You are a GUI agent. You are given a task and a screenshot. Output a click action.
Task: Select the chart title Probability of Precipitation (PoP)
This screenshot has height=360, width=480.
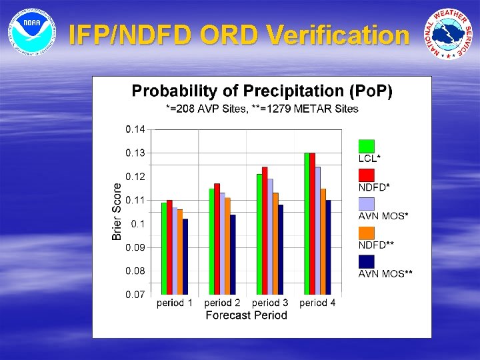tap(262, 91)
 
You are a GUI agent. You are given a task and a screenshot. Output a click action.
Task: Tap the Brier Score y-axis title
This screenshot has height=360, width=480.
tap(117, 211)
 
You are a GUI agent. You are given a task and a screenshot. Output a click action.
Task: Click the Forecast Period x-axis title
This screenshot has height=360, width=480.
tap(246, 315)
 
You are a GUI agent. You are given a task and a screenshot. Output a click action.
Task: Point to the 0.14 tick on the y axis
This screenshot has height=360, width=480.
tap(135, 129)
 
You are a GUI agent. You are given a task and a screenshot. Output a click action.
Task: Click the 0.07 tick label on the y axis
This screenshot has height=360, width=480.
tap(135, 295)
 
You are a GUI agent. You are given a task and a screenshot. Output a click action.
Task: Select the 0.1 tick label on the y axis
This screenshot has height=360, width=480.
tap(137, 224)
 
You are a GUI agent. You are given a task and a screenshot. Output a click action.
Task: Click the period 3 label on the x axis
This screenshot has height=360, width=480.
tap(270, 303)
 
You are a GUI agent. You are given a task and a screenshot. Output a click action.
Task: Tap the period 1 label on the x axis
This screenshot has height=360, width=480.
tap(175, 303)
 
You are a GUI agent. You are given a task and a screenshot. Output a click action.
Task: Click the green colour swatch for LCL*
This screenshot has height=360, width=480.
tap(367, 146)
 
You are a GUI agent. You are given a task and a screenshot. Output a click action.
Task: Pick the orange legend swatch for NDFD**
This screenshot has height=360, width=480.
tap(367, 233)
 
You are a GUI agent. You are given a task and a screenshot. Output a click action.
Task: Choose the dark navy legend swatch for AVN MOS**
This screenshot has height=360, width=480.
tap(367, 262)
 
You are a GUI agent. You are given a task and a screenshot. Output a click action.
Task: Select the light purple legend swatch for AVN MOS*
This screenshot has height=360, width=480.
tap(367, 204)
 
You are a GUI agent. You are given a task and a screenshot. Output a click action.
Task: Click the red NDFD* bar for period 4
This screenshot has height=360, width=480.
tap(312, 224)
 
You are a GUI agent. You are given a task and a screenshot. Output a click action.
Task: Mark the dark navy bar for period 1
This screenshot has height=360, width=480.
tap(185, 257)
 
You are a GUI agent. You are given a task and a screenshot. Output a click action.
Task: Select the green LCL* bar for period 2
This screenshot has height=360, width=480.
tap(212, 241)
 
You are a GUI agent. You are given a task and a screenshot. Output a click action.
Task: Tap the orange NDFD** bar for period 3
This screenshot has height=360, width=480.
tap(275, 243)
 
